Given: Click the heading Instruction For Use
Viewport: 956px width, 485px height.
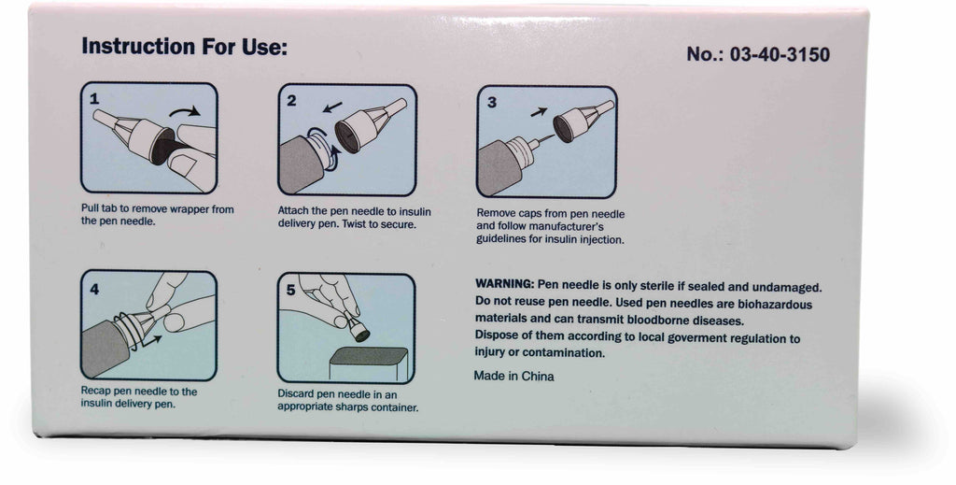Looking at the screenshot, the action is tap(184, 47).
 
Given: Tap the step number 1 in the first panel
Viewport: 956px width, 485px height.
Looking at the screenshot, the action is tap(94, 98).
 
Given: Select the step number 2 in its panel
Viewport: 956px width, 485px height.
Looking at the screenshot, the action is tap(291, 101).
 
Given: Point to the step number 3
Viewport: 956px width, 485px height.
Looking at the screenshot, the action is tap(491, 103).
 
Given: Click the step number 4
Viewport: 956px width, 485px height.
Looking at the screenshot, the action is tap(94, 289).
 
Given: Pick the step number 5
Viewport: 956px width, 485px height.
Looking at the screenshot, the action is tap(291, 290).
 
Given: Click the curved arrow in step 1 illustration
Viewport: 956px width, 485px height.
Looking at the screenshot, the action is tap(184, 111).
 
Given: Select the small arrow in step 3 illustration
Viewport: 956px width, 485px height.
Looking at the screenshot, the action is tap(539, 111).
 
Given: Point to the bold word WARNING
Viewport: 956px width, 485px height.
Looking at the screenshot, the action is tap(504, 284).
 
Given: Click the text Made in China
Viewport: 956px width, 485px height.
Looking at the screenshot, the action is tap(514, 376).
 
